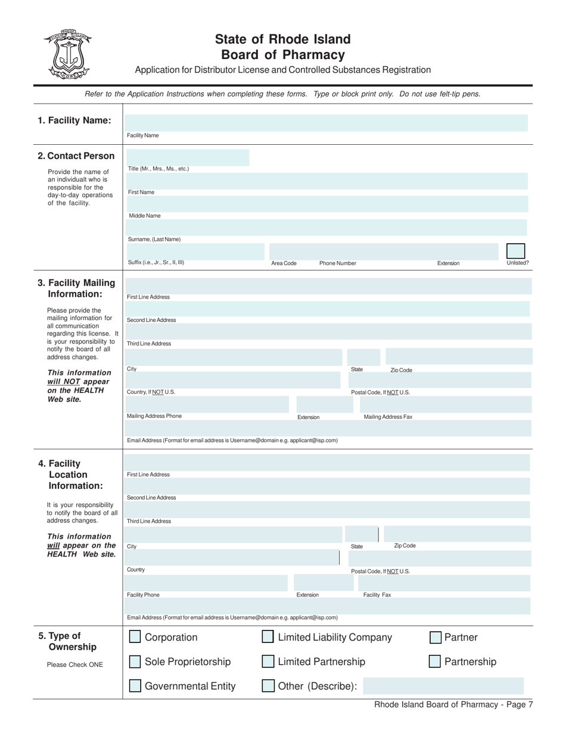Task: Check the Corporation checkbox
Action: [x=135, y=637]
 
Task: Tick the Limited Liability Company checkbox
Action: [x=268, y=637]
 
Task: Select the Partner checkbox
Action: [x=436, y=638]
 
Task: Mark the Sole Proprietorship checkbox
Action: [x=135, y=661]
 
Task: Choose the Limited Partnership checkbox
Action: [x=268, y=661]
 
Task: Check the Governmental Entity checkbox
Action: [x=135, y=686]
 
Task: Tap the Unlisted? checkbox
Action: [x=515, y=251]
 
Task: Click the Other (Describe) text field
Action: [x=443, y=686]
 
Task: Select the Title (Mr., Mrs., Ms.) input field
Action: [x=187, y=157]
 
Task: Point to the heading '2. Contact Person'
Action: [x=76, y=156]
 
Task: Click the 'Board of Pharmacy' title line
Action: [x=282, y=55]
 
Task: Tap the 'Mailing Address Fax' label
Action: [x=388, y=417]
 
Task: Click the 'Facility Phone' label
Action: [x=143, y=595]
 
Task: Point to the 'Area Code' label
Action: [x=284, y=263]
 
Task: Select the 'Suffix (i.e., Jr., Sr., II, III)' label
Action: [x=156, y=262]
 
